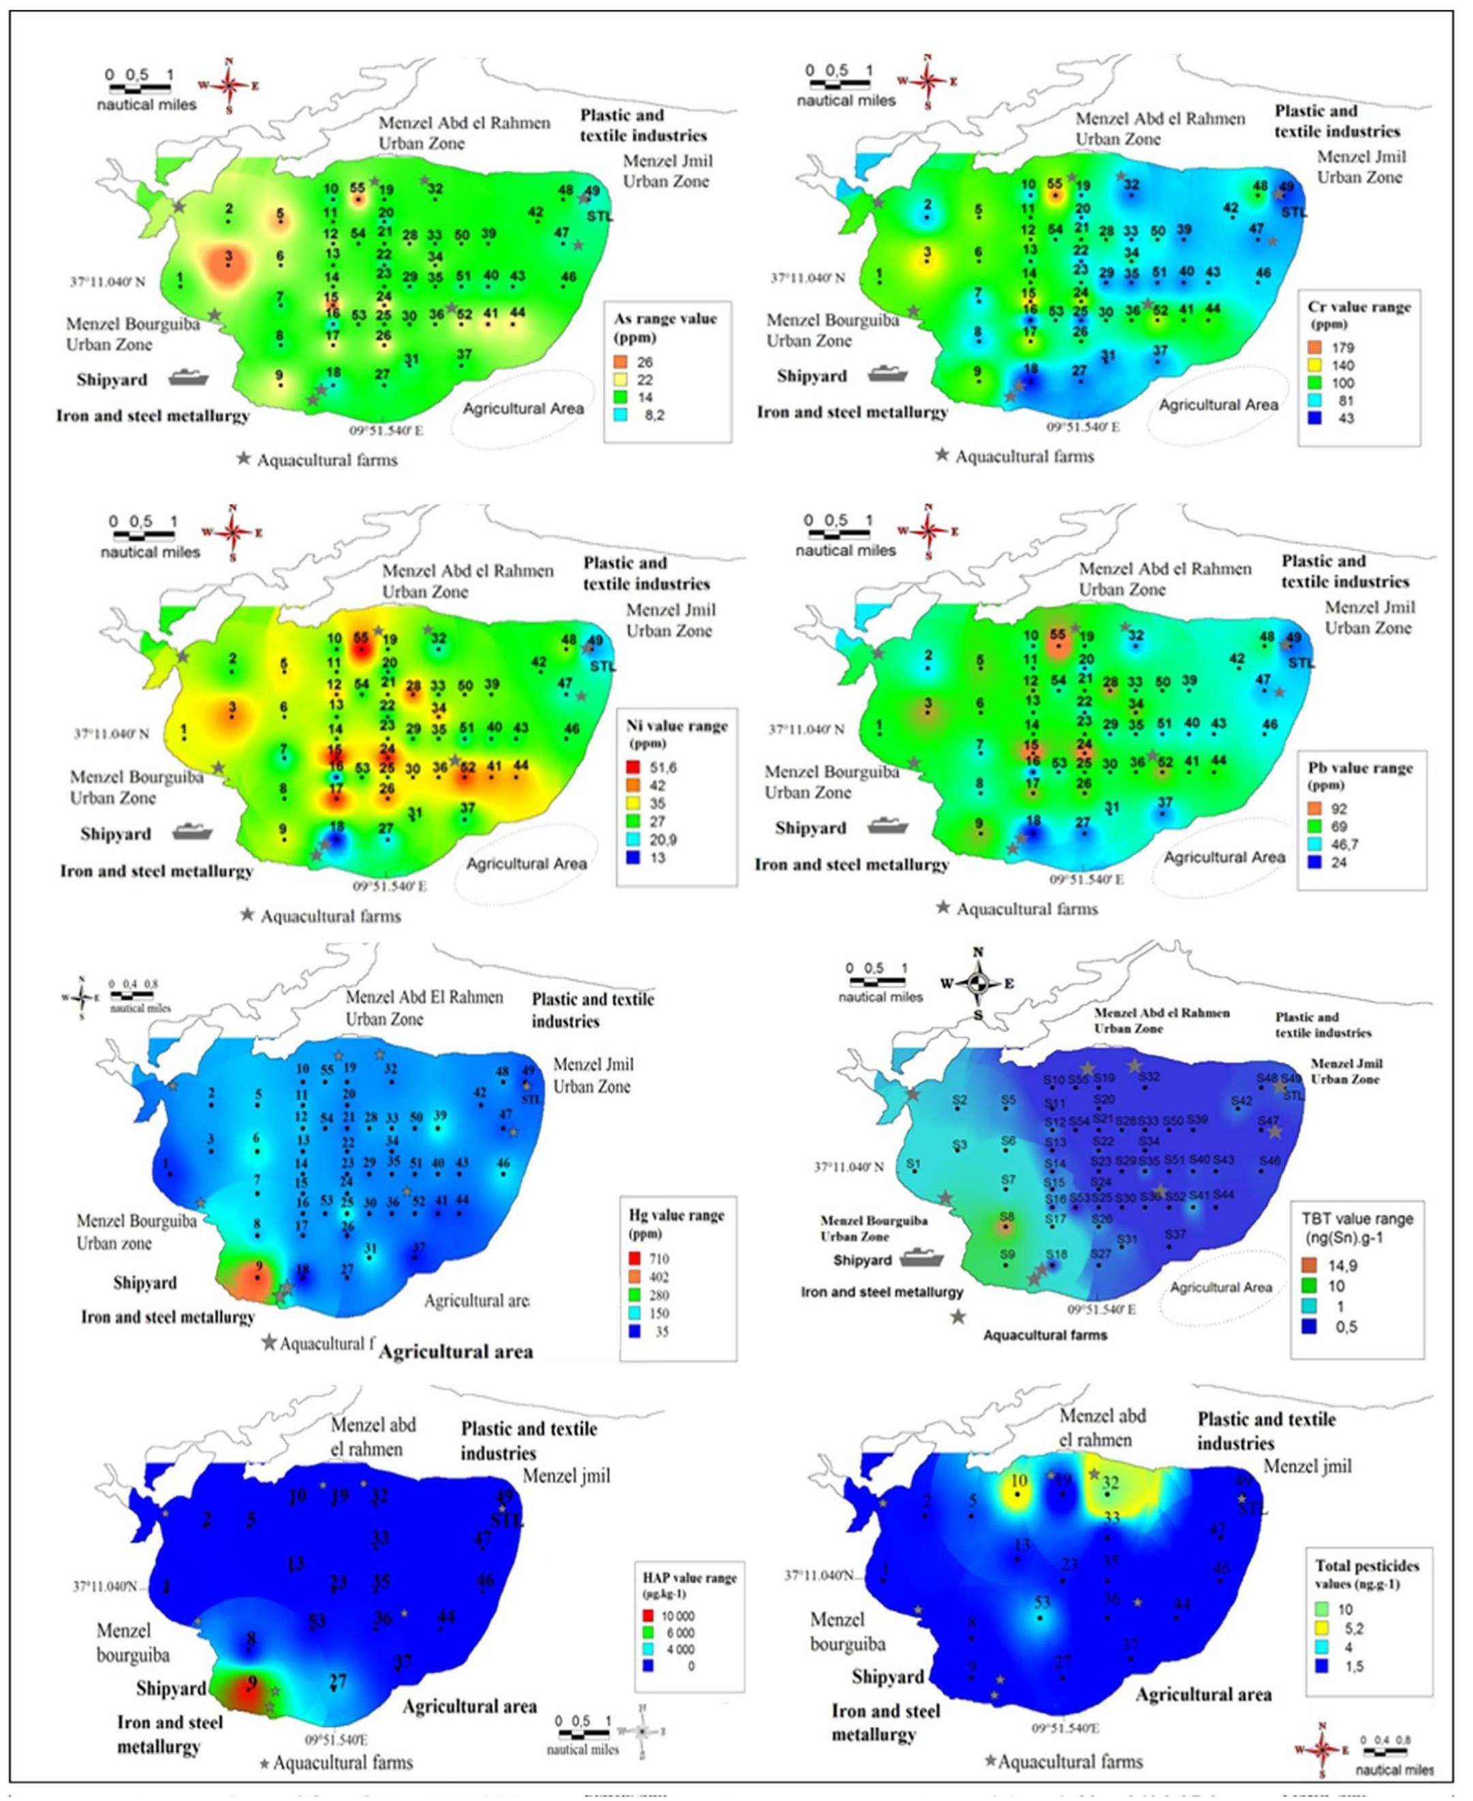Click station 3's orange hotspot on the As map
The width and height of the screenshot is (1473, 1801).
[x=227, y=263]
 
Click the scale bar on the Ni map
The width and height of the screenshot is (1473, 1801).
[x=144, y=535]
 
